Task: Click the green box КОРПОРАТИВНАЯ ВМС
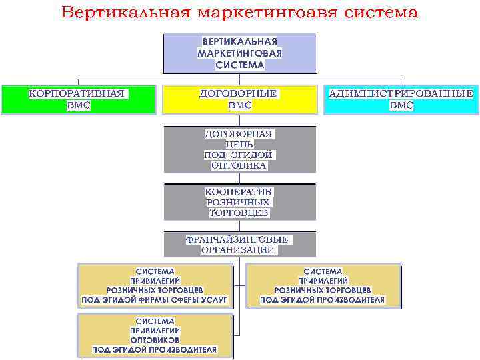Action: click(x=78, y=99)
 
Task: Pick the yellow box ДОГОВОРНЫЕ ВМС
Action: click(x=239, y=99)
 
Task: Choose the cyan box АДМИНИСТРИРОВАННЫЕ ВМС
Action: click(x=401, y=99)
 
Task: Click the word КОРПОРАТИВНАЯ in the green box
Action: click(x=78, y=93)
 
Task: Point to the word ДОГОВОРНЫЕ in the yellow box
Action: click(x=239, y=93)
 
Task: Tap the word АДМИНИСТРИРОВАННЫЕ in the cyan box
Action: click(x=401, y=93)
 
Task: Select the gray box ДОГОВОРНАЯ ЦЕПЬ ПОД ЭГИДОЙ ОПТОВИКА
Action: click(x=239, y=149)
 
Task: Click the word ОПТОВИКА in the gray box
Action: click(x=239, y=165)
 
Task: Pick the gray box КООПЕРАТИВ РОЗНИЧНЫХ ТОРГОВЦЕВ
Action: click(x=239, y=202)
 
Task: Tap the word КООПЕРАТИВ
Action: click(x=239, y=191)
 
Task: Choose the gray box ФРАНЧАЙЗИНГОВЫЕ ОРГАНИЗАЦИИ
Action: click(x=239, y=244)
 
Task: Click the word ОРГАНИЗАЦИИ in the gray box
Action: click(x=239, y=249)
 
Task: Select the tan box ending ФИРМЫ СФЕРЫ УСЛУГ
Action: click(x=155, y=285)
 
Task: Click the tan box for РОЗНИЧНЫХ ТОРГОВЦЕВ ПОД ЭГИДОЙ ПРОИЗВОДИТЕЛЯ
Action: click(x=324, y=285)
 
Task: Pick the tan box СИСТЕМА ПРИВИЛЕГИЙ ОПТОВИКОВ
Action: click(x=155, y=335)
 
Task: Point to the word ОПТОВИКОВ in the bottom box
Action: click(x=155, y=339)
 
